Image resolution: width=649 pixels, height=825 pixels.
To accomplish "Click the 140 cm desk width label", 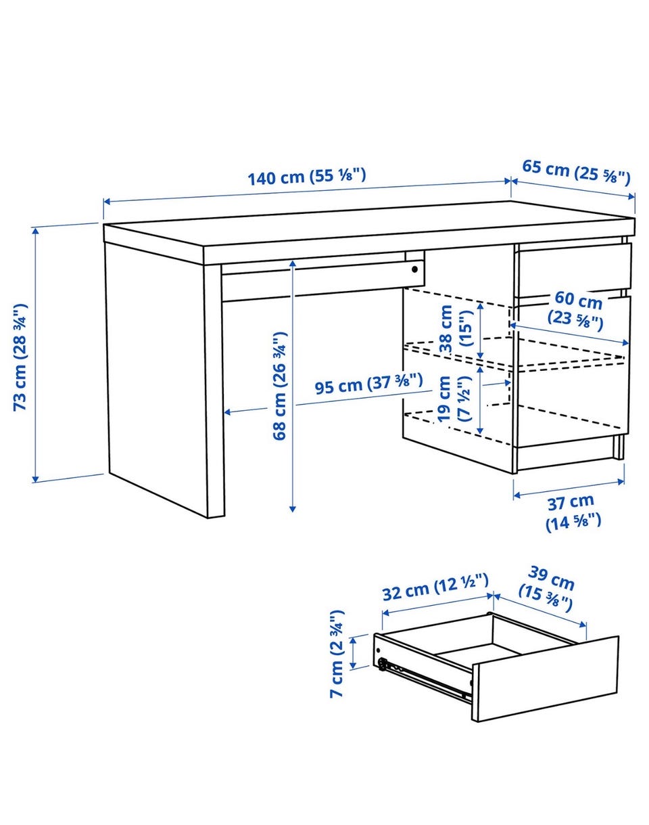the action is pos(307,176).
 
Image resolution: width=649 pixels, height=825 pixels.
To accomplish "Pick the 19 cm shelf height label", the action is pos(454,399).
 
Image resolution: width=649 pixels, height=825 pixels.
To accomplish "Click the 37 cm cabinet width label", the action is pos(573,513).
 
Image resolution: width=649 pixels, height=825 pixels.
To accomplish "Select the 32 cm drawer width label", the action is pos(436,592).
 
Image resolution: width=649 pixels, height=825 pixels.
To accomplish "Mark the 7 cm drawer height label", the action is pos(337,659).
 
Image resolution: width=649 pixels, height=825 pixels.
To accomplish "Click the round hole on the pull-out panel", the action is pos(414,269).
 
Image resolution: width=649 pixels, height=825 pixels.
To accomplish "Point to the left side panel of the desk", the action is pos(155,376).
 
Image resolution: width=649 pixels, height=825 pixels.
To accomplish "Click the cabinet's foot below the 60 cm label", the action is pos(619,446).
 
